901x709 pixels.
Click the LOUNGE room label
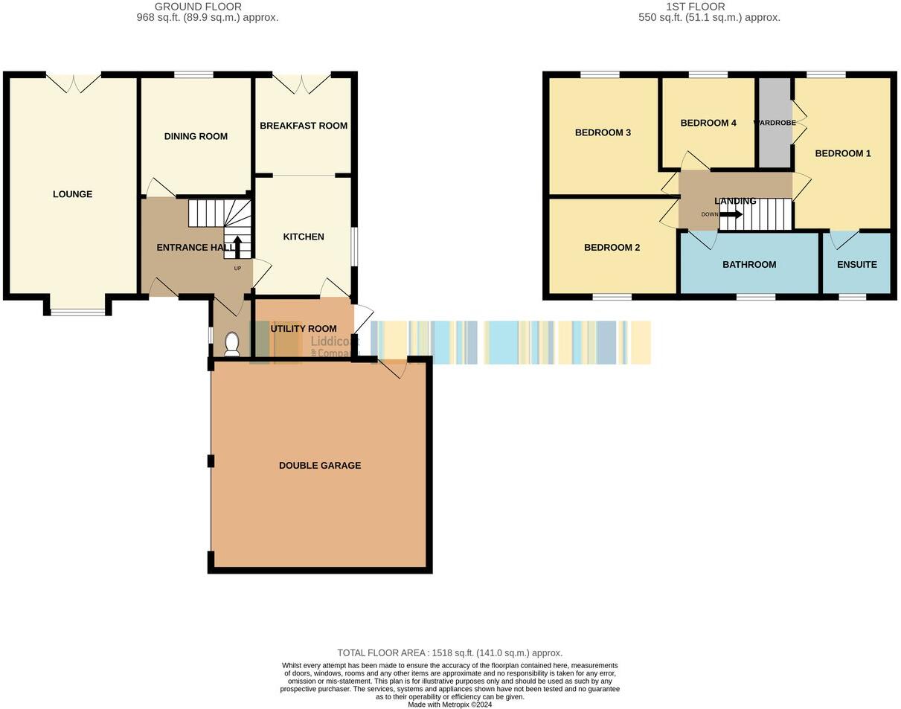coord(72,194)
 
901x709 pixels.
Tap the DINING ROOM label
coord(196,136)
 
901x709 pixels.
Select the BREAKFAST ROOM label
coord(304,126)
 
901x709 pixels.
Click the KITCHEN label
coord(304,237)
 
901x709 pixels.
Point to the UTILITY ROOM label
coord(304,329)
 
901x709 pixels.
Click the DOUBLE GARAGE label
coord(320,466)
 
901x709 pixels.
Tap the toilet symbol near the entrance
coord(232,344)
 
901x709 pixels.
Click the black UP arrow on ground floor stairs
coord(237,246)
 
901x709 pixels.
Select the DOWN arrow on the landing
coord(731,215)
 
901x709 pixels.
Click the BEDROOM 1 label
coord(843,153)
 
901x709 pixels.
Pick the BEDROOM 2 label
coord(612,248)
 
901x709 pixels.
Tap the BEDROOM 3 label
coord(603,132)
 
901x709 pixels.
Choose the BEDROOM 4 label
coord(708,123)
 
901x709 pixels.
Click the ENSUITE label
coord(856,264)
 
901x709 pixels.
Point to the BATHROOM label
coord(749,264)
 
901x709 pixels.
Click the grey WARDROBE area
coord(775,141)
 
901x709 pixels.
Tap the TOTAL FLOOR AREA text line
coord(449,652)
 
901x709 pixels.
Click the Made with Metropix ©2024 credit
coord(449,705)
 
